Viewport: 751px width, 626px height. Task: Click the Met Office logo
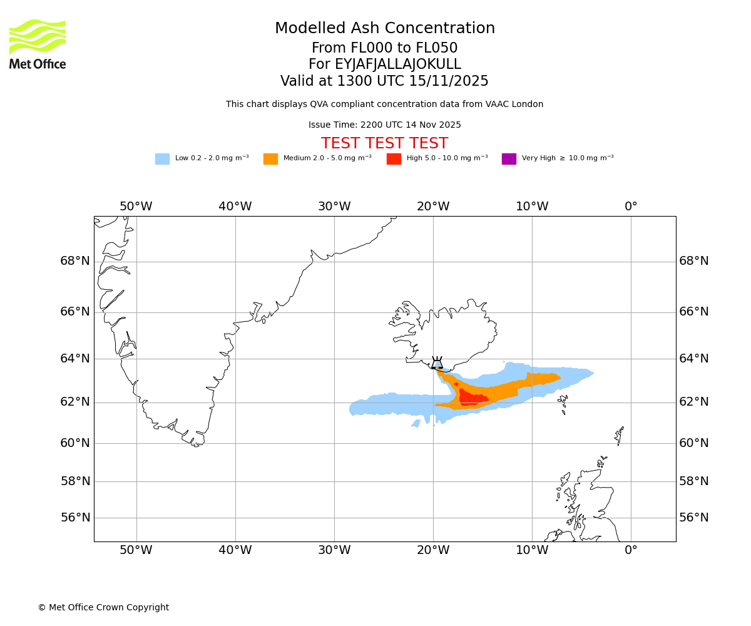pos(38,44)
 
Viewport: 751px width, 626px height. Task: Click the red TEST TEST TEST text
pos(384,143)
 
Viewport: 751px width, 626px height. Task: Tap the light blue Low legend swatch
pos(162,159)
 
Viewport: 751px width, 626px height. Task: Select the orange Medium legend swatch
pos(270,159)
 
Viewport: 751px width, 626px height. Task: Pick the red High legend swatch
pos(394,159)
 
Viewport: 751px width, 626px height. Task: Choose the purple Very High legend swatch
pos(509,159)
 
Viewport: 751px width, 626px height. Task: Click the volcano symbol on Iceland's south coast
pos(437,364)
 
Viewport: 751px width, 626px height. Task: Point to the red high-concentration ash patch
pos(472,398)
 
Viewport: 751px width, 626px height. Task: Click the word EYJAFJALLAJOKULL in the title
pos(397,64)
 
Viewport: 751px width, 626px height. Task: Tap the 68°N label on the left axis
pos(75,261)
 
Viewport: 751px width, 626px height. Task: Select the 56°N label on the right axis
pos(694,518)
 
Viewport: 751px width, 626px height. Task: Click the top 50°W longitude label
pos(136,207)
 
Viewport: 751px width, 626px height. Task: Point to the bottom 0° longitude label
pos(631,550)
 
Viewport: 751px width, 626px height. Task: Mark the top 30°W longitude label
pos(334,207)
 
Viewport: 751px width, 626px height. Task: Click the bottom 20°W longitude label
pos(433,550)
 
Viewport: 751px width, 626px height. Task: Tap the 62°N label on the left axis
pos(75,402)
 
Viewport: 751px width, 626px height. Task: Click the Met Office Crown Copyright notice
pos(103,608)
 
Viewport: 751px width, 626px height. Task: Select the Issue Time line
pos(384,125)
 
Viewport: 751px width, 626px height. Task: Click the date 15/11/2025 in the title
pos(449,81)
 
